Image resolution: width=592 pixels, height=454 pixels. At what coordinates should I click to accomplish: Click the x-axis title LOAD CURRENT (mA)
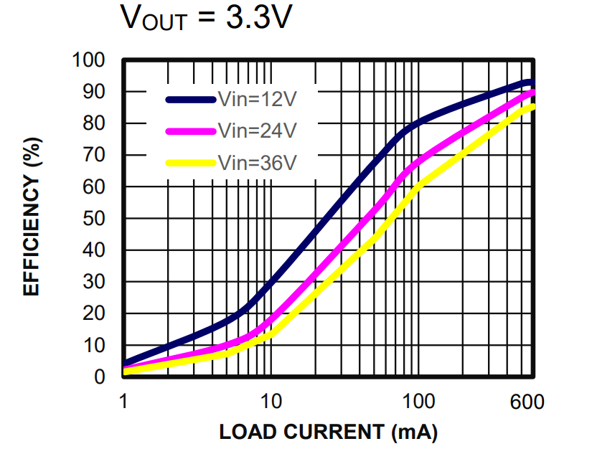tap(328, 432)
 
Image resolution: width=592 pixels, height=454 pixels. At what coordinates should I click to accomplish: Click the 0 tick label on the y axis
tap(100, 377)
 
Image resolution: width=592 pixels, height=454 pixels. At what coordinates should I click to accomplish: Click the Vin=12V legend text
tap(257, 100)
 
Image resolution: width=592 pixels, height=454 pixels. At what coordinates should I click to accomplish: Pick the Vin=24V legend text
tap(257, 131)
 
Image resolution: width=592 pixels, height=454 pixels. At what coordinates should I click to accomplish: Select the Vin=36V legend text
tap(257, 163)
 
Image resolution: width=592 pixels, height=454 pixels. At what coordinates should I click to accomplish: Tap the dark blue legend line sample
tap(190, 100)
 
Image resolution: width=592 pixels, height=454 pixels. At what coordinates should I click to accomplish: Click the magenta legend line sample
tap(190, 131)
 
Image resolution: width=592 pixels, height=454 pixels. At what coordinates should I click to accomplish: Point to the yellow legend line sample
tap(190, 163)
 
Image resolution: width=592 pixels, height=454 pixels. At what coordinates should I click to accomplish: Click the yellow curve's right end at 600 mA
tap(532, 108)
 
